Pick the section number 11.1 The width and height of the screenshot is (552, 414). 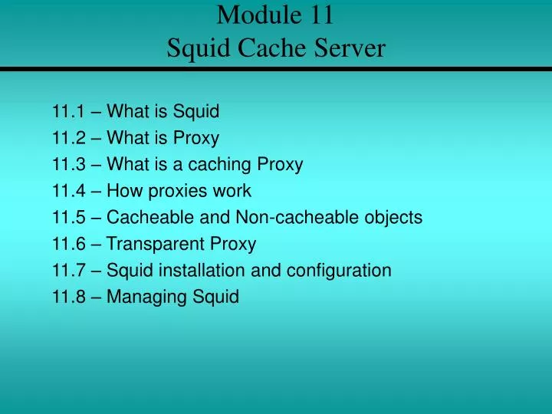click(67, 112)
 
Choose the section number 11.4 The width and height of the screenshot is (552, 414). click(67, 191)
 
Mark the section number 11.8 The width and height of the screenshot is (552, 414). click(67, 297)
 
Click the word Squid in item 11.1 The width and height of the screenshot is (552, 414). click(195, 112)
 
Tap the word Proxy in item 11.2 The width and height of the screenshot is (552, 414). click(195, 139)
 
